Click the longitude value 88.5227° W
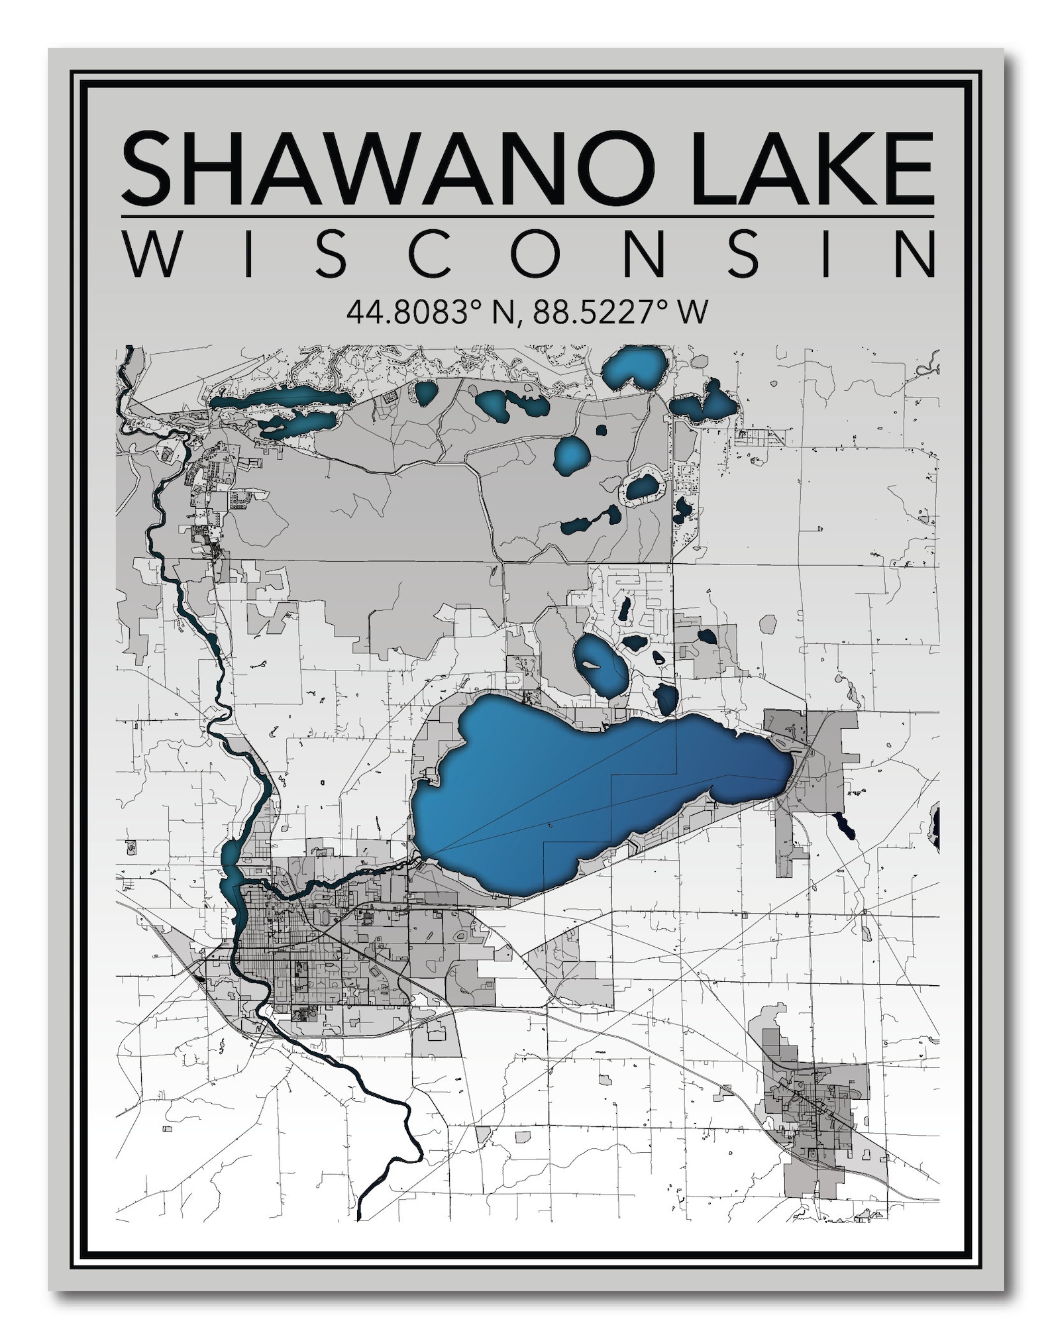620,312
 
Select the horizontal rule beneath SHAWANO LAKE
527,217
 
